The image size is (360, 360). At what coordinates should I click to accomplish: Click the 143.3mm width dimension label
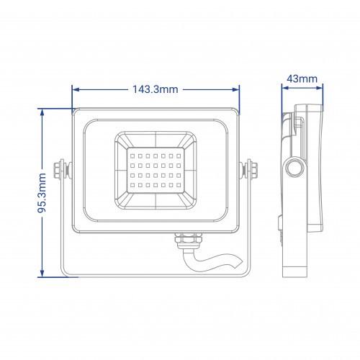click(x=156, y=89)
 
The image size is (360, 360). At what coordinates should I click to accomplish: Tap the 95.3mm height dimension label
click(x=42, y=193)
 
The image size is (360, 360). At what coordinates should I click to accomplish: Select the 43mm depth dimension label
click(x=302, y=78)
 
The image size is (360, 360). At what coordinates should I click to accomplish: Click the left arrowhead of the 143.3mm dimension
click(x=76, y=90)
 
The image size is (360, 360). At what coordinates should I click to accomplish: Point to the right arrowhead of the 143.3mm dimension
click(x=236, y=90)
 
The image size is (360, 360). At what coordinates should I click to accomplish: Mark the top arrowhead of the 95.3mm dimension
click(x=42, y=112)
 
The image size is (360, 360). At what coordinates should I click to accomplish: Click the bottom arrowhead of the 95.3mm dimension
click(x=42, y=273)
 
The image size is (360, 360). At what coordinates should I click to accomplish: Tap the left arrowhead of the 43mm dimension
click(x=285, y=88)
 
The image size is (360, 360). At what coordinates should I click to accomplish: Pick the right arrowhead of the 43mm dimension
click(x=320, y=88)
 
